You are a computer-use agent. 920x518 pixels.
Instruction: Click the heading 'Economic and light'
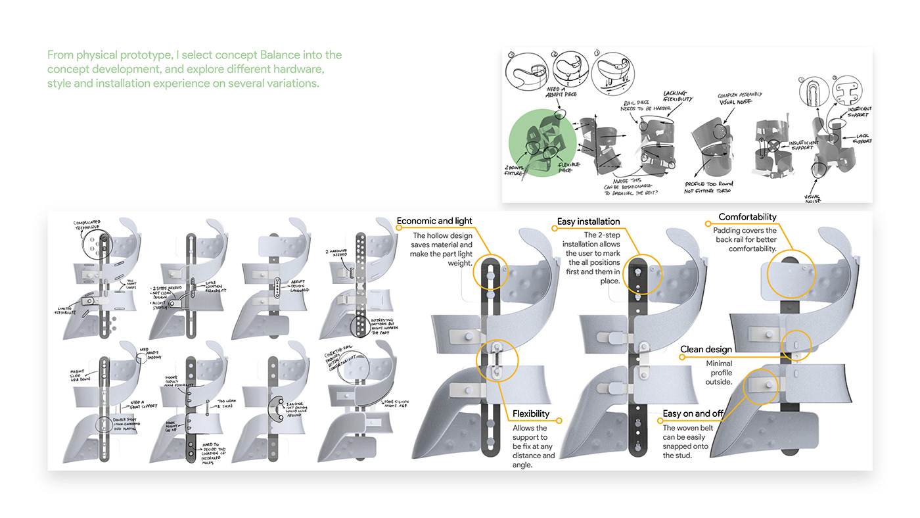pos(434,221)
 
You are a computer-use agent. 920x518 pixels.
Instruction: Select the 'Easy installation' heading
pos(588,222)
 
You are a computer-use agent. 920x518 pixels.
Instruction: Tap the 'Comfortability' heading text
pos(747,217)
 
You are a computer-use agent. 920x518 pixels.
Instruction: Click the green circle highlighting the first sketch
pos(543,144)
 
